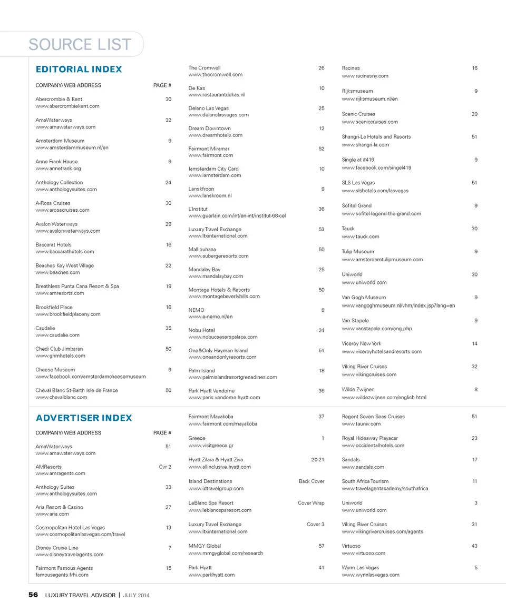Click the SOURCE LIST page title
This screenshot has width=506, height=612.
[x=80, y=45]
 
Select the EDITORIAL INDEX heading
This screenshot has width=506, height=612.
[x=79, y=70]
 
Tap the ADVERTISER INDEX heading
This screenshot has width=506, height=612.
[x=84, y=418]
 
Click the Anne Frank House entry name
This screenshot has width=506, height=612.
[x=56, y=162]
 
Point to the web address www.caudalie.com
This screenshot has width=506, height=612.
[x=57, y=335]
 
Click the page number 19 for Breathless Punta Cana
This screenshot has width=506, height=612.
[x=168, y=287]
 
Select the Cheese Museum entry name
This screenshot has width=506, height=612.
[x=55, y=370]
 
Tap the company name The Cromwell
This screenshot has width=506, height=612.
[x=205, y=68]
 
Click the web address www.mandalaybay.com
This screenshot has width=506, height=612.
[x=216, y=277]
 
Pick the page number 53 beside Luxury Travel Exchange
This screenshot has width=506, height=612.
[x=322, y=230]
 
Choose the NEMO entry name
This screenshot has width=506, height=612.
[x=196, y=310]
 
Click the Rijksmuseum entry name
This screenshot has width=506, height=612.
[x=357, y=91]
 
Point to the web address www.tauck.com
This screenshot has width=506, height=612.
[x=360, y=237]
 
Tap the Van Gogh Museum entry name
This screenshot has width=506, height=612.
[x=364, y=298]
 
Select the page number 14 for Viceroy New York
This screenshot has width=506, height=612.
[x=474, y=344]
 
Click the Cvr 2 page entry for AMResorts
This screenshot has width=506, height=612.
[x=165, y=467]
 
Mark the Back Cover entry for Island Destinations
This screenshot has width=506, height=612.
[x=312, y=481]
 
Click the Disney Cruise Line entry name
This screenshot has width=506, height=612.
[x=57, y=548]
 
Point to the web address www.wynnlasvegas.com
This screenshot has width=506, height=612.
[x=371, y=575]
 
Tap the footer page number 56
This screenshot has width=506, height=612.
[x=33, y=595]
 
